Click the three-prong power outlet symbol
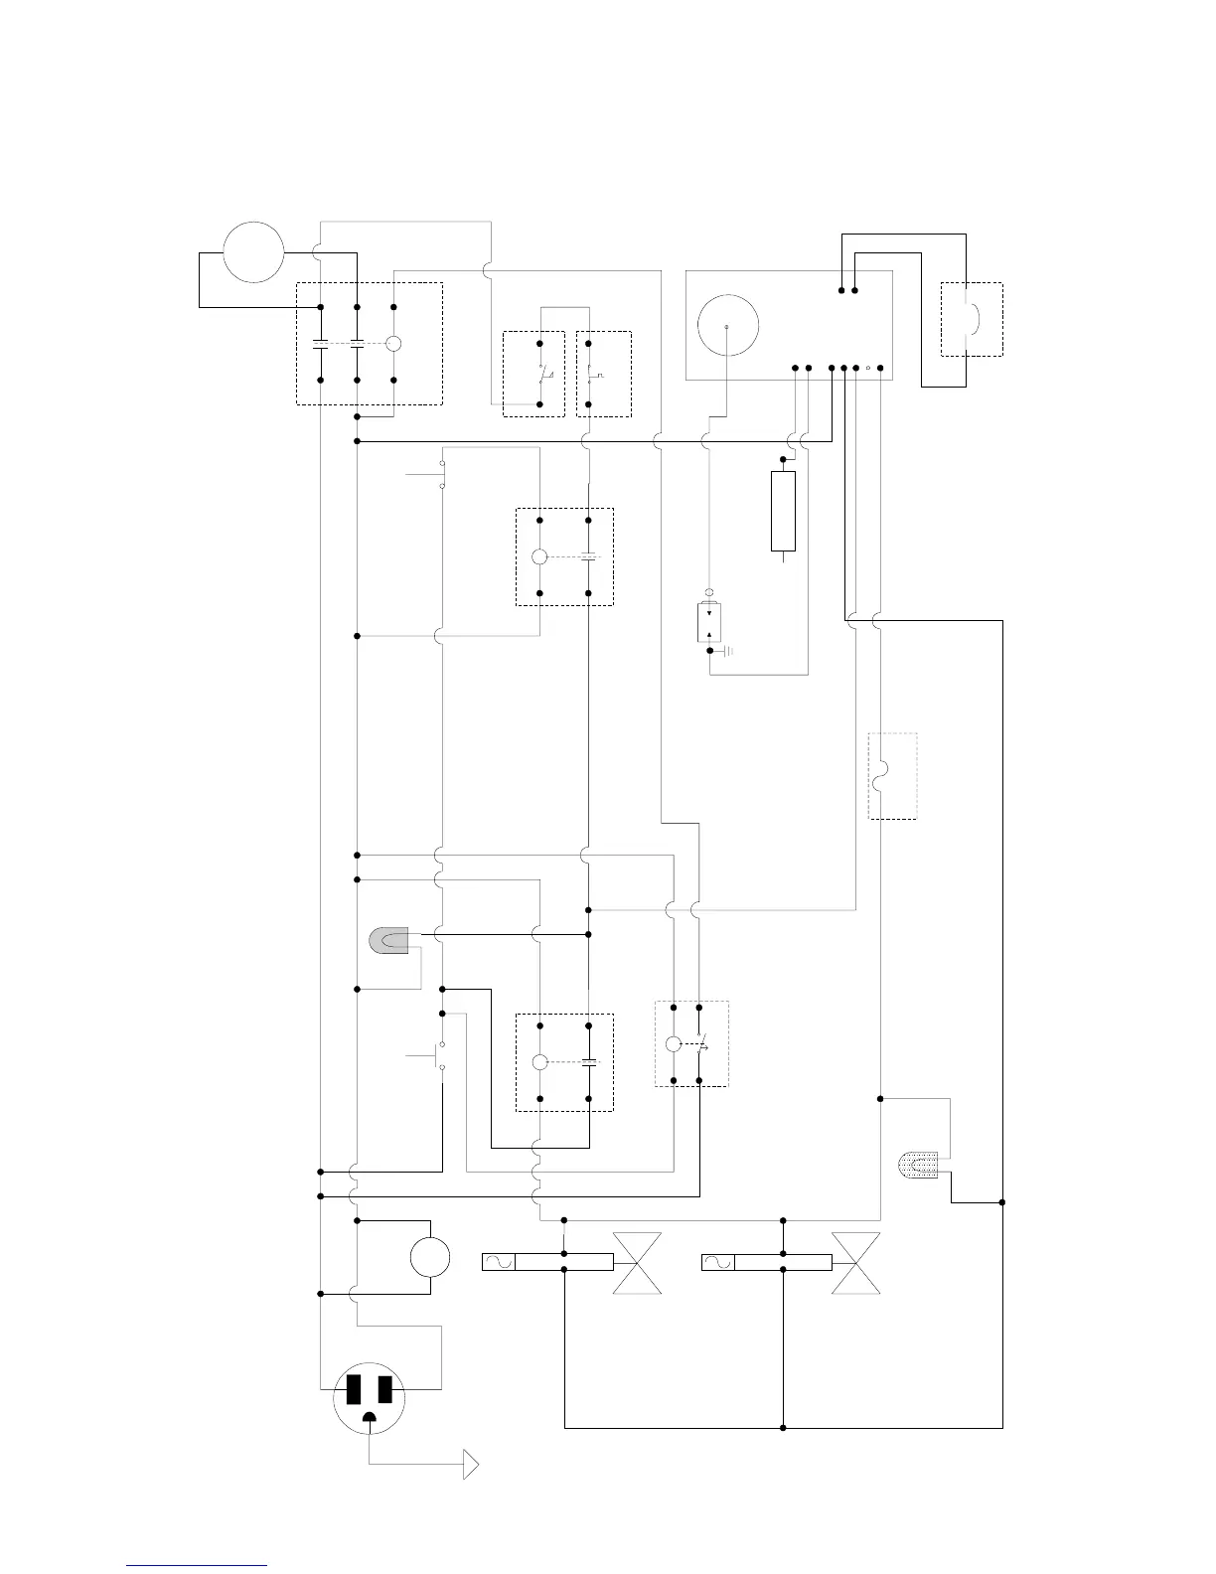(370, 1397)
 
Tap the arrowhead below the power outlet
(472, 1465)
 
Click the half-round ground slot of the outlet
(370, 1419)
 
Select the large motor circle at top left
(253, 251)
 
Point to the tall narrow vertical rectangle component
(783, 511)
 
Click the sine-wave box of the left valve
(499, 1262)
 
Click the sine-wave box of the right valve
(718, 1262)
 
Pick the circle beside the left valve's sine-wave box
(430, 1257)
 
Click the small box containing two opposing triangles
(709, 623)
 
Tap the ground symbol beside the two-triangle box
(728, 651)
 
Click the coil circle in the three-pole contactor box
(393, 343)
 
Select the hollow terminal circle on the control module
(868, 369)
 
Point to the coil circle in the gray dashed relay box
(673, 1044)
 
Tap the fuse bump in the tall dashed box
(877, 776)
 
